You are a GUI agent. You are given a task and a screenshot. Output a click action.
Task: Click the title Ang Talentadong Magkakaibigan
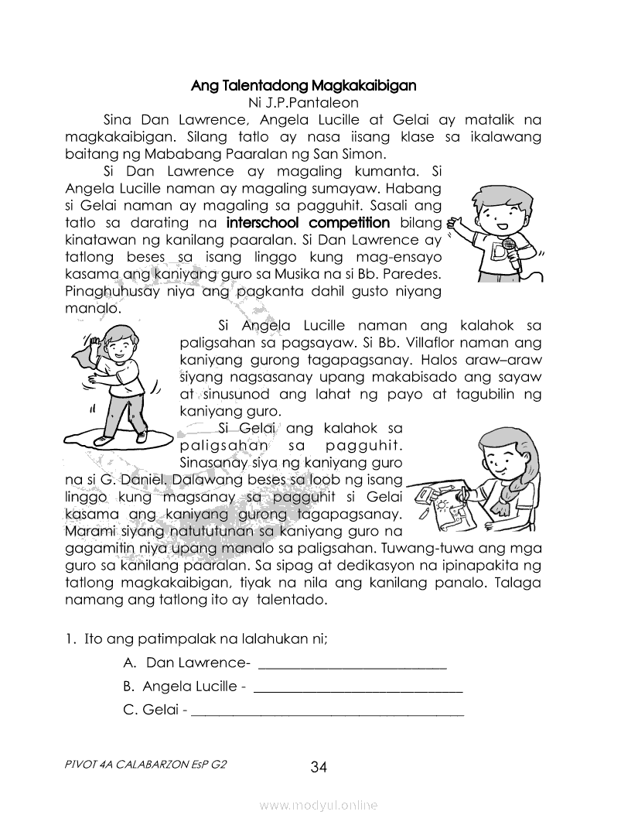pos(303,84)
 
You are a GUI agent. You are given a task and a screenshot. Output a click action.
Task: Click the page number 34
pos(319,767)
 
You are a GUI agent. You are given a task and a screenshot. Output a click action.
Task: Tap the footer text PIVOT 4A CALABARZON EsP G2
pos(146,764)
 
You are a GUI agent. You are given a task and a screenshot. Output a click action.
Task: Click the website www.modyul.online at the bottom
pos(319,806)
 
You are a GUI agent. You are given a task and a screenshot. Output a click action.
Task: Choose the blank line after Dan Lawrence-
pos(351,665)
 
